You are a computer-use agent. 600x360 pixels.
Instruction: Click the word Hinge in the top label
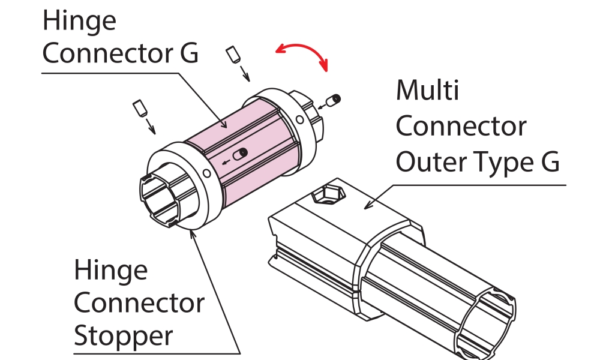(x=80, y=22)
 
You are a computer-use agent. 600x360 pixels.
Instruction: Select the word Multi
(x=427, y=91)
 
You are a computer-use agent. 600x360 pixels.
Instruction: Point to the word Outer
(x=437, y=161)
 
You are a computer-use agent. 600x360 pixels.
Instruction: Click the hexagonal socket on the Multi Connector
(x=324, y=194)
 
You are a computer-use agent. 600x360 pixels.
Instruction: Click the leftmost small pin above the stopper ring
(x=140, y=109)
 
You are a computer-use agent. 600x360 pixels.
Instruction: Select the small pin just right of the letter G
(x=233, y=56)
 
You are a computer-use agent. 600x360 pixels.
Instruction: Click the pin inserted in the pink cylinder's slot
(x=242, y=154)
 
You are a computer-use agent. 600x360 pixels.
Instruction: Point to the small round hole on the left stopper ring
(x=207, y=174)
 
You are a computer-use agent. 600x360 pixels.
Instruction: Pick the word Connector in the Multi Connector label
(x=461, y=127)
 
